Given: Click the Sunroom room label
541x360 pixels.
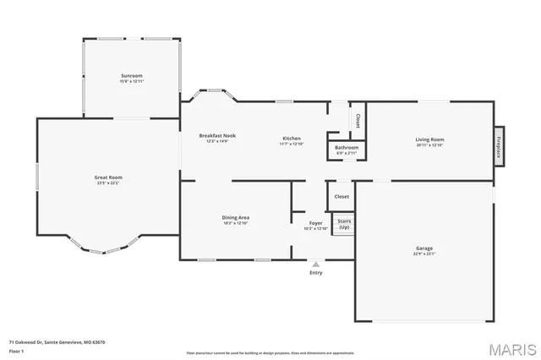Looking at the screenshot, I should (x=130, y=76).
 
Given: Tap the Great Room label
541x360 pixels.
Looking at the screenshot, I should (x=108, y=177).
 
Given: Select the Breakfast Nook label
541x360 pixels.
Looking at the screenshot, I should (x=217, y=136).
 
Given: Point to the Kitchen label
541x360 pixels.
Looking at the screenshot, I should (x=291, y=138).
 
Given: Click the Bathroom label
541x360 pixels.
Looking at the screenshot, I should (x=347, y=148).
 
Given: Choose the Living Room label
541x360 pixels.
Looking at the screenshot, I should (x=429, y=139).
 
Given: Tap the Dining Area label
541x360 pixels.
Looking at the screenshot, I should (x=235, y=217).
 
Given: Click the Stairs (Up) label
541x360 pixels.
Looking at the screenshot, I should (x=344, y=224).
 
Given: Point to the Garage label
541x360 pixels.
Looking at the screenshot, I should (x=424, y=248).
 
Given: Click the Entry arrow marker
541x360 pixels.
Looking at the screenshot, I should (x=316, y=264).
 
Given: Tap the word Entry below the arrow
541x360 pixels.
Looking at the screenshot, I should (x=316, y=272).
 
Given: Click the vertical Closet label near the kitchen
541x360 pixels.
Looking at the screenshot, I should (x=358, y=121).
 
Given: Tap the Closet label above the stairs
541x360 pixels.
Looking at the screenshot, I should (x=342, y=196).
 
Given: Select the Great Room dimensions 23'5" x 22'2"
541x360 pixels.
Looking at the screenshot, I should (x=108, y=183).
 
